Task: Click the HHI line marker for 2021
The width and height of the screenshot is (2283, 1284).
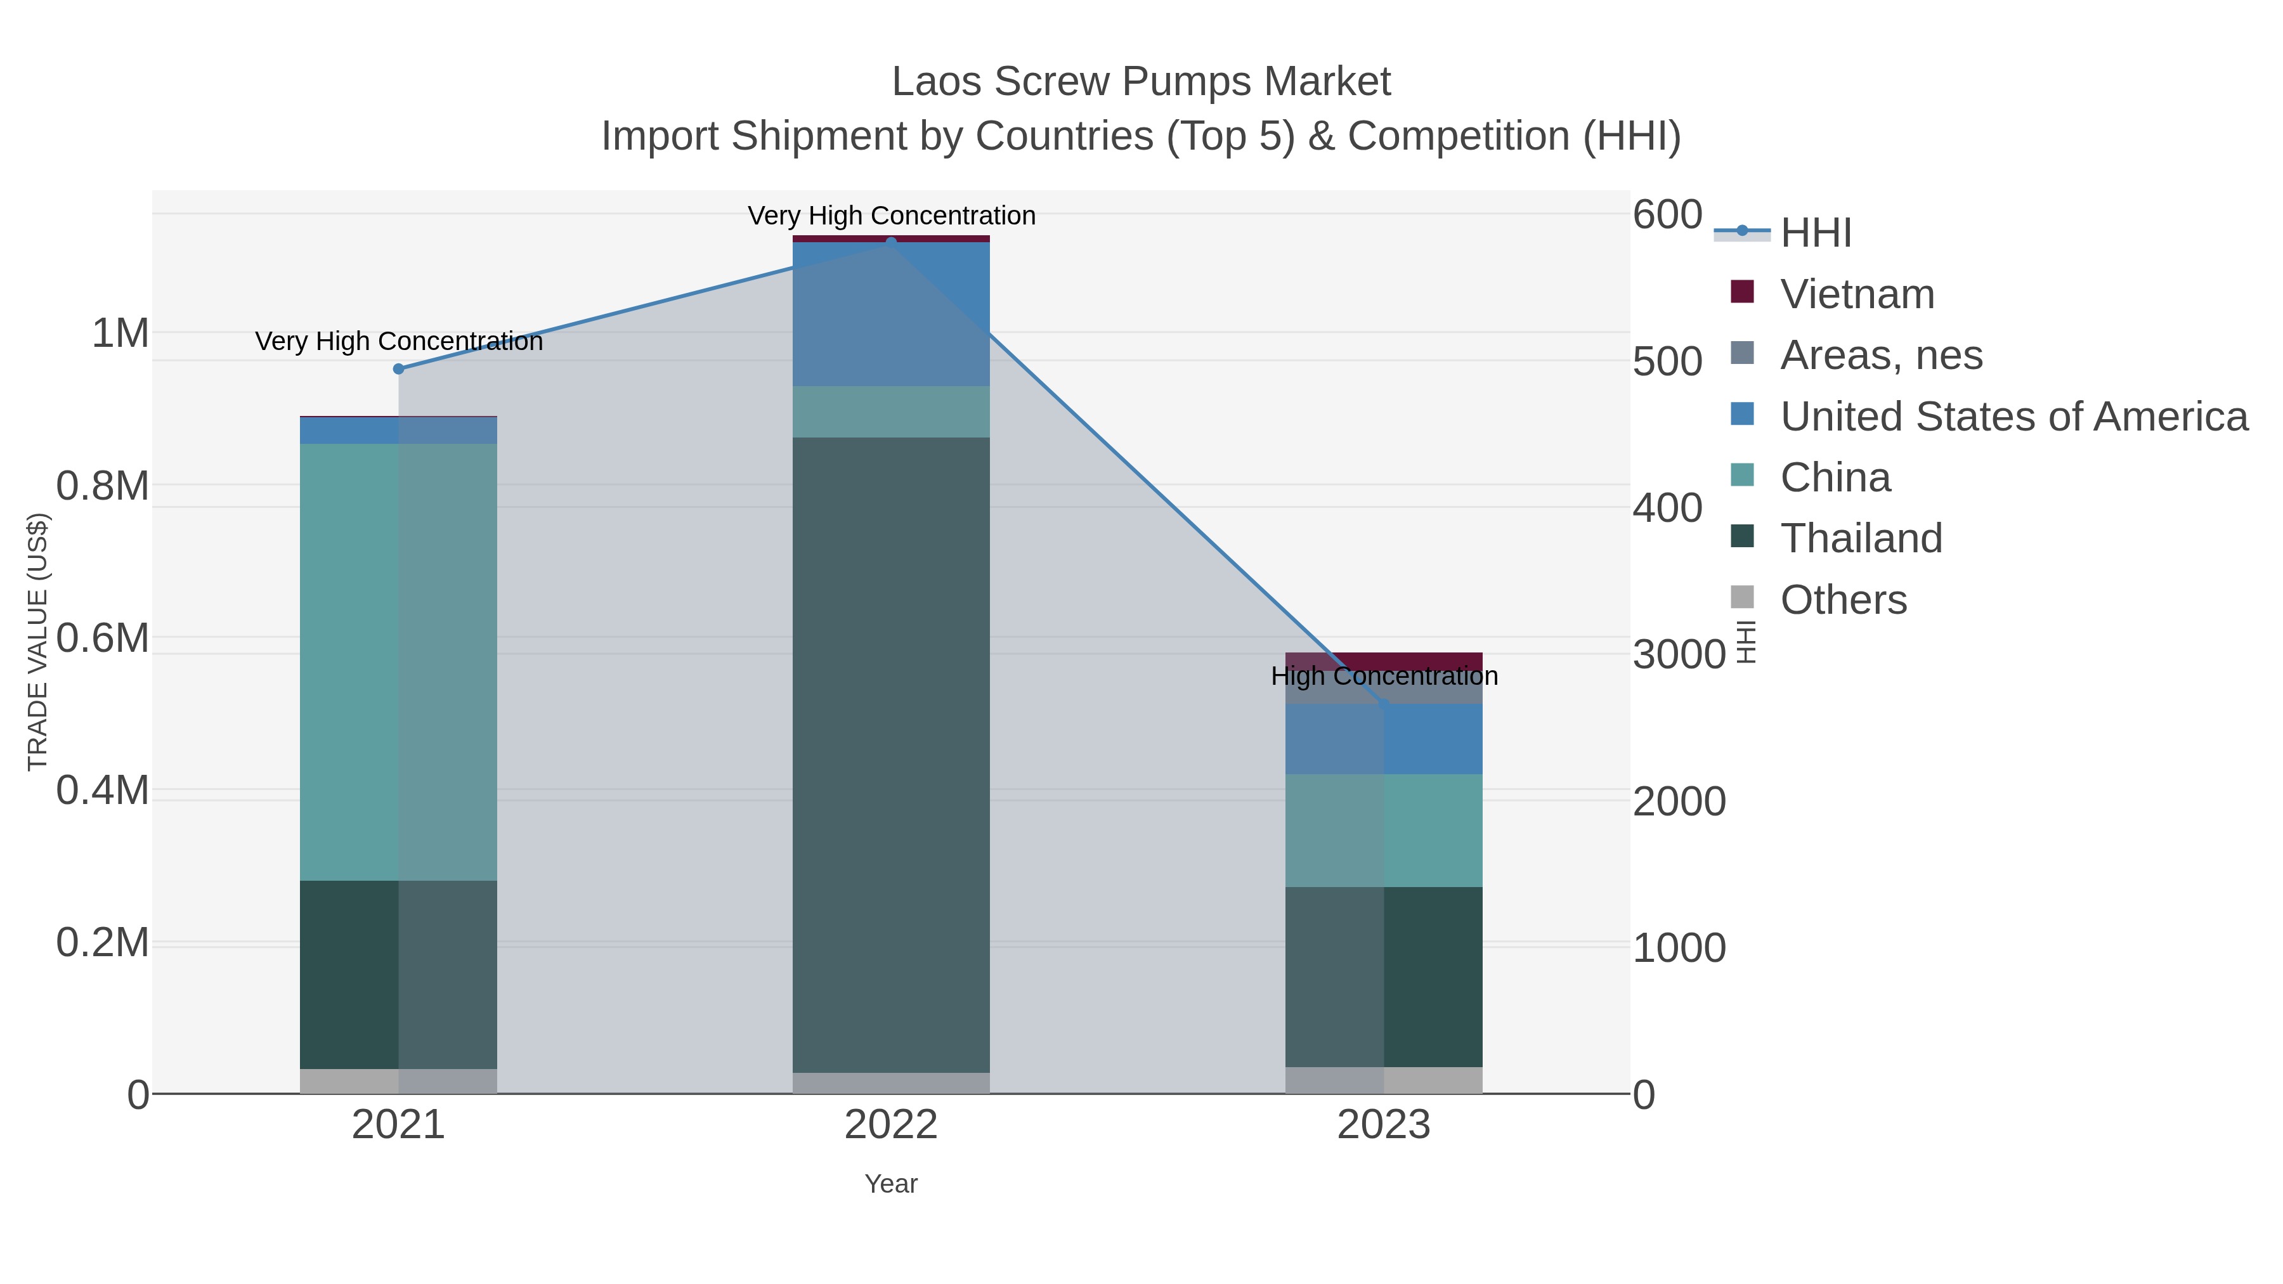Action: (398, 368)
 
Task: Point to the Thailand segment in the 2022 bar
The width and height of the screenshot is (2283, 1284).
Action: (891, 753)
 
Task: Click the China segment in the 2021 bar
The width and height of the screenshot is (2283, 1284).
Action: (398, 661)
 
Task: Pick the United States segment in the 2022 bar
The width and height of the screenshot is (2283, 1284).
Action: (891, 314)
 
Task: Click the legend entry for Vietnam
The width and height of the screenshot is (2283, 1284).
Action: (1857, 294)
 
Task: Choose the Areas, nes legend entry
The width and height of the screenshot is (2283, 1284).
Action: (1881, 355)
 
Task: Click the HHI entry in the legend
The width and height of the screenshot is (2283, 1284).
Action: (1815, 233)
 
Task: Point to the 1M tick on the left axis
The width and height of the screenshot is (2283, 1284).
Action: (120, 334)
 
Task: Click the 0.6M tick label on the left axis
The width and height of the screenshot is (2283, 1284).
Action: (102, 638)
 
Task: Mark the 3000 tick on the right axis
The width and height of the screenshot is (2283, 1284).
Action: (1679, 655)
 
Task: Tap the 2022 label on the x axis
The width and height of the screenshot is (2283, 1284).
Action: (891, 1125)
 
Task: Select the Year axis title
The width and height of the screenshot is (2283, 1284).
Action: (891, 1184)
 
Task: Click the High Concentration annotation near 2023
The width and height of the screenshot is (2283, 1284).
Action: (1384, 676)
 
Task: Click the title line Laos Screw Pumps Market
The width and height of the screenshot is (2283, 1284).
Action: (1141, 82)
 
